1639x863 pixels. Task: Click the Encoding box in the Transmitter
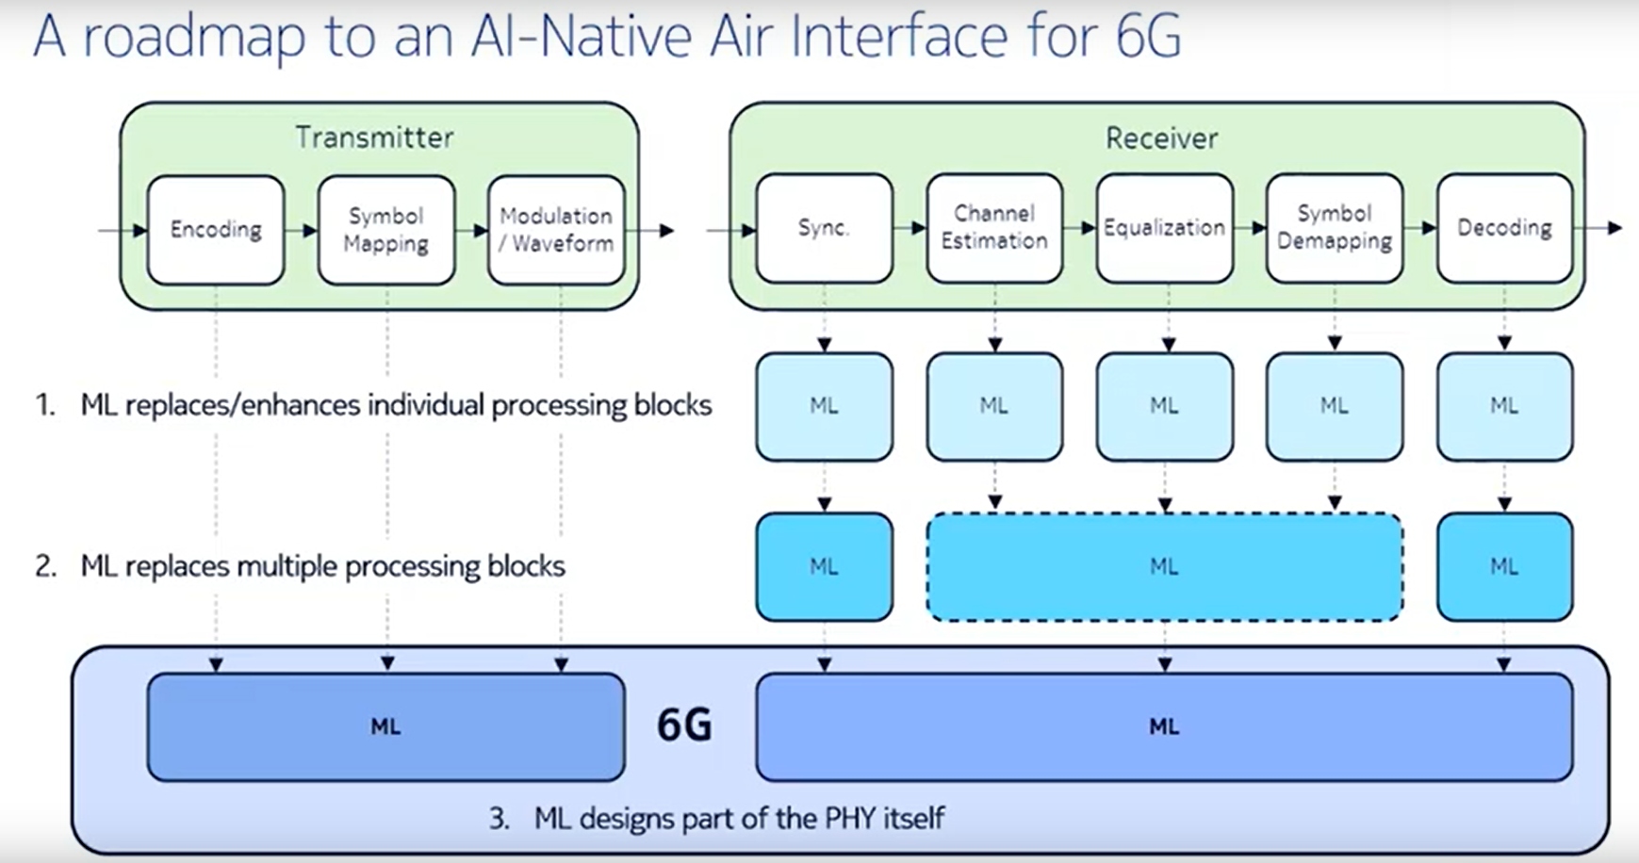coord(216,230)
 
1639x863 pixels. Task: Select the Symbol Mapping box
coord(386,230)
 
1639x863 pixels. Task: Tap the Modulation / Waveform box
coord(556,230)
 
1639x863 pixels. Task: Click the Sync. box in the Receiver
coord(824,228)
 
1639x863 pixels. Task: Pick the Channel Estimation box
coord(994,228)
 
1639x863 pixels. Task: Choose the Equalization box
coord(1165,228)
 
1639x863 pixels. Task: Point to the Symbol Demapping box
coord(1335,228)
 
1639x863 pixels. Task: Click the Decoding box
coord(1505,228)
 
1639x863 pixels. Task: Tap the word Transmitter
coord(374,138)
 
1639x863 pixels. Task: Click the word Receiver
coord(1161,138)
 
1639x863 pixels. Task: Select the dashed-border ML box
coord(1165,566)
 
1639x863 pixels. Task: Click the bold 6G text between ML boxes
coord(684,725)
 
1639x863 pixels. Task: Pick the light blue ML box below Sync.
coord(824,407)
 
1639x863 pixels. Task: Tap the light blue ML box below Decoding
coord(1505,407)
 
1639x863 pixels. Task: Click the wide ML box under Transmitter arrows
coord(385,726)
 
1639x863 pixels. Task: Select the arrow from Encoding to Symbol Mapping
coord(302,230)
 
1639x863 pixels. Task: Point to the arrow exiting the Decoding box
coord(1598,228)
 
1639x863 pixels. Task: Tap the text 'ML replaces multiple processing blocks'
coord(322,566)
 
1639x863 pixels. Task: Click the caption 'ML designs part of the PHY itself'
coord(739,818)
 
